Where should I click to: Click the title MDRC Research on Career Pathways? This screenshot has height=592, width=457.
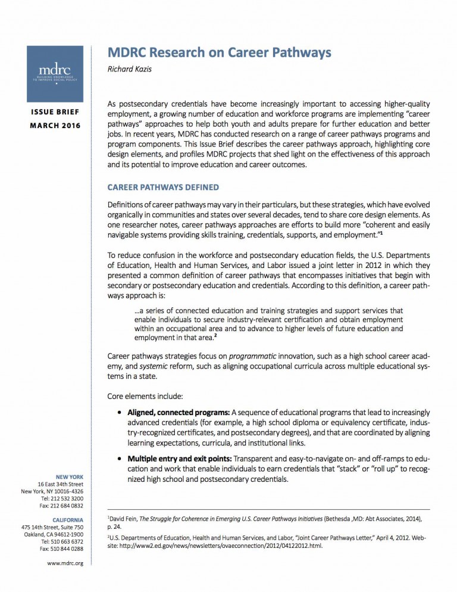coord(219,52)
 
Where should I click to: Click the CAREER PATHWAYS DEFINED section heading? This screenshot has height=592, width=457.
coord(162,187)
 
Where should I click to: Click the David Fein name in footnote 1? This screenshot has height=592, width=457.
coord(124,519)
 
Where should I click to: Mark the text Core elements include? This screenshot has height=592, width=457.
coord(142,395)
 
